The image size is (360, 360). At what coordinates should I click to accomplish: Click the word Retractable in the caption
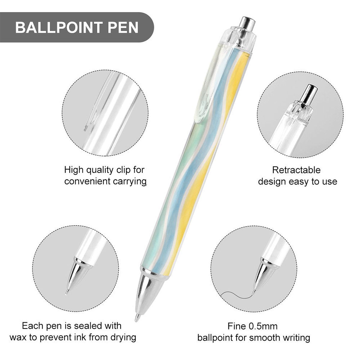[296, 170]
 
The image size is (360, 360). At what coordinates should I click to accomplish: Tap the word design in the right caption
[272, 182]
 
